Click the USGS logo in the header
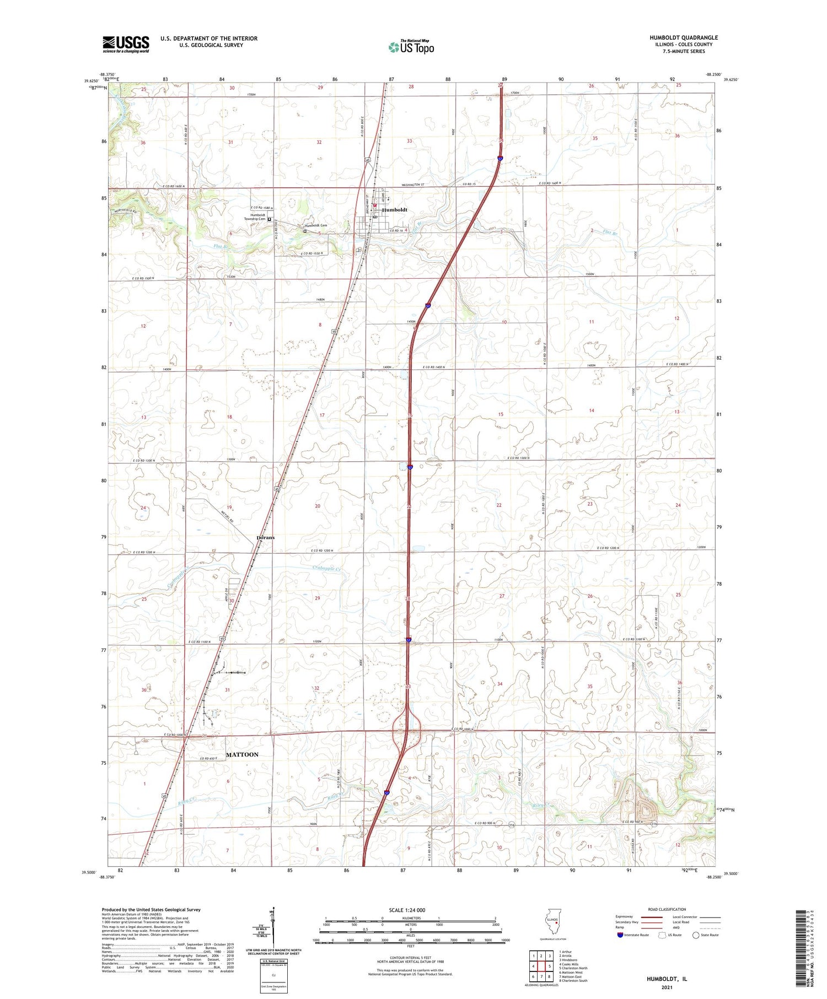tap(126, 44)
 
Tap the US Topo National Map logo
tap(411, 47)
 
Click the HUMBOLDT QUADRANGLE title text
tap(684, 38)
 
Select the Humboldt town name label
tap(395, 210)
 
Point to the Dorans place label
tap(265, 537)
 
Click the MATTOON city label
tap(242, 754)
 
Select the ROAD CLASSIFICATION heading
tap(667, 909)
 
